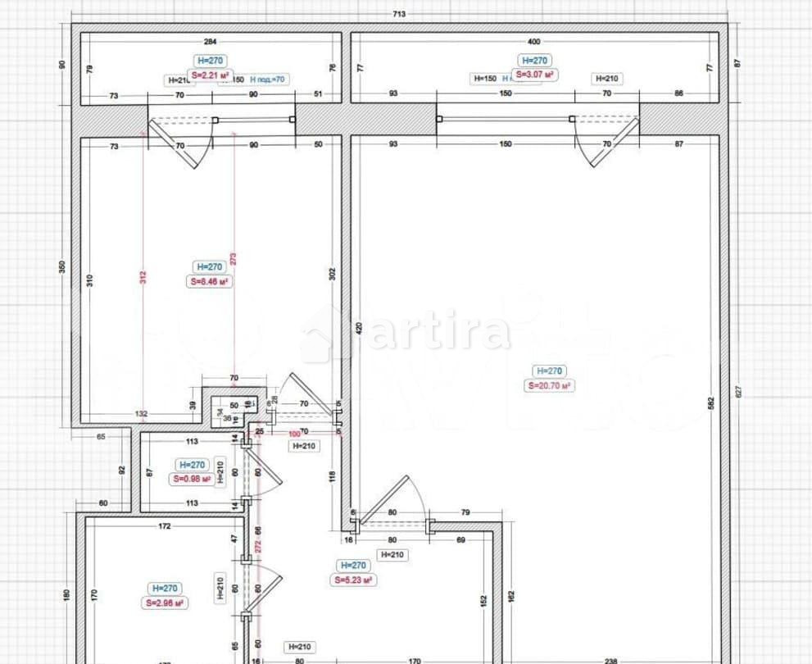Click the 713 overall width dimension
tap(399, 14)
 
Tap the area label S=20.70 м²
tap(549, 385)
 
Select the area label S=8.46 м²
tap(208, 281)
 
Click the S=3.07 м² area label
tap(535, 75)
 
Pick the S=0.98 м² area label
tap(191, 479)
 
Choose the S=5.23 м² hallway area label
tap(353, 580)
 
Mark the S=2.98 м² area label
tap(165, 603)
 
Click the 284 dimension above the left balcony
tap(211, 41)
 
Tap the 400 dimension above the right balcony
tap(534, 41)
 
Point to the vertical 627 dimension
tap(738, 393)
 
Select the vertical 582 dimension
tap(711, 402)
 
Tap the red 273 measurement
tap(234, 260)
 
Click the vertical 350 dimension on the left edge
tap(61, 268)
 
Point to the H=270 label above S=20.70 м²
tap(549, 371)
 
